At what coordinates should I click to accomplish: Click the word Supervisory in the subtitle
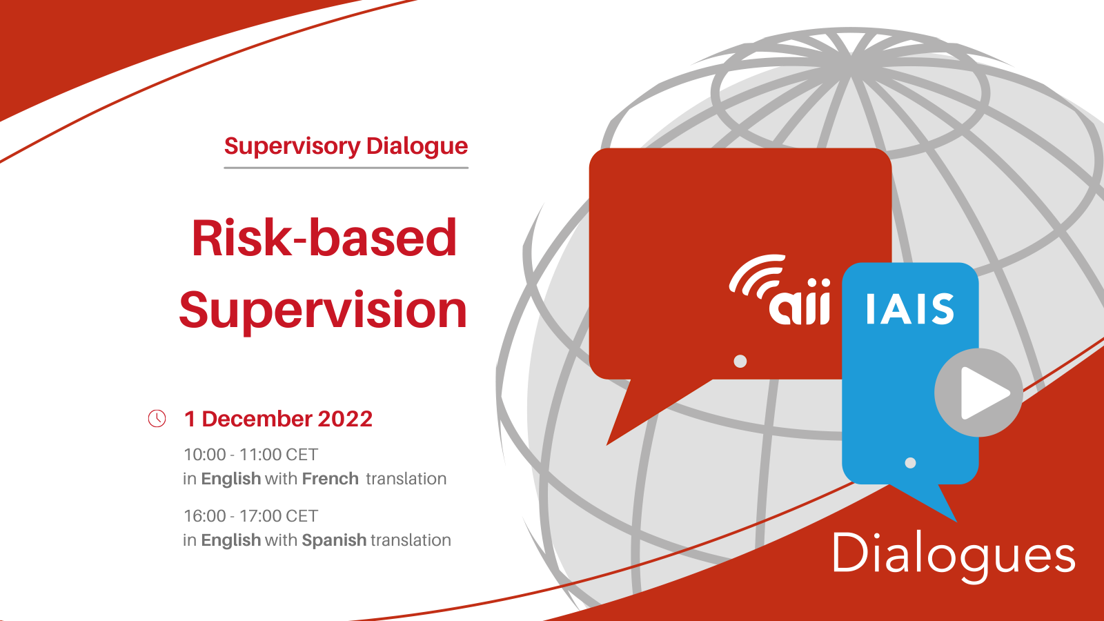(293, 147)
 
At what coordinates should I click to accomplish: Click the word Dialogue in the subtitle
(417, 147)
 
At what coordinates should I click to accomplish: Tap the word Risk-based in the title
(324, 238)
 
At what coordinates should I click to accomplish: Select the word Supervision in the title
(323, 311)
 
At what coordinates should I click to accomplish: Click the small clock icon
(157, 418)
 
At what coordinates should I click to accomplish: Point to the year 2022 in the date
(345, 419)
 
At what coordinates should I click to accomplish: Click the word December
(257, 419)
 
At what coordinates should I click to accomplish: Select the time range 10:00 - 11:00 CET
(251, 455)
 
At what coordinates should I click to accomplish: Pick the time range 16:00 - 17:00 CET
(251, 516)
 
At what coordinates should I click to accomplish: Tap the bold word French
(331, 479)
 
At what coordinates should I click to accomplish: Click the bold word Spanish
(334, 541)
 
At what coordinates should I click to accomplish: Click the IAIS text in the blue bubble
(910, 309)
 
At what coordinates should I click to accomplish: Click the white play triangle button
(984, 393)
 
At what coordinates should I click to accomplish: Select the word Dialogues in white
(954, 555)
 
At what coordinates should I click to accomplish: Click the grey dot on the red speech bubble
(740, 362)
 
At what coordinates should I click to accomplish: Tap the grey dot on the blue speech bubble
(910, 463)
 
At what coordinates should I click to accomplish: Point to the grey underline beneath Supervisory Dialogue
(346, 168)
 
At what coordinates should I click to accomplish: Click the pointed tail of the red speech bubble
(607, 444)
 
